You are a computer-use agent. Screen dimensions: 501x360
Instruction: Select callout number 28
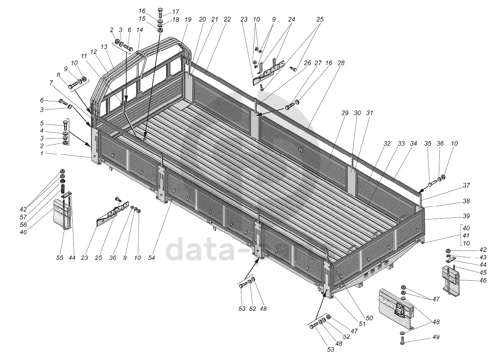pyautogui.click(x=341, y=63)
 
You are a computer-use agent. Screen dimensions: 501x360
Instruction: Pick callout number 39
pyautogui.click(x=466, y=216)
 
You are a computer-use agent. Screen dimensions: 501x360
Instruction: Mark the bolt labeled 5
pyautogui.click(x=65, y=127)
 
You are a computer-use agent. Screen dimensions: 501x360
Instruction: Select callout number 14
pyautogui.click(x=139, y=30)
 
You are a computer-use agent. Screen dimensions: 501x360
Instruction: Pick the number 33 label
pyautogui.click(x=401, y=144)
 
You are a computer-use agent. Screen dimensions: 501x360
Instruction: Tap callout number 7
pyautogui.click(x=51, y=83)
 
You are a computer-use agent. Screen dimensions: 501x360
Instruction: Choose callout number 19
pyautogui.click(x=188, y=19)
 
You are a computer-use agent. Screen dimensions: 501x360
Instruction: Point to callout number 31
pyautogui.click(x=369, y=113)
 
